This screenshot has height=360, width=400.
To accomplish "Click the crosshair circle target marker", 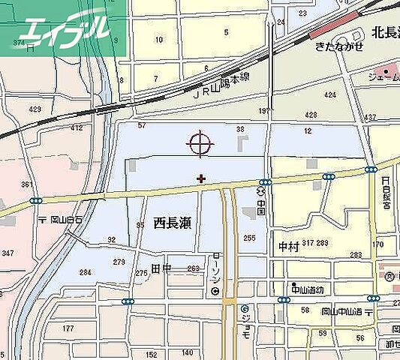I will (x=201, y=143).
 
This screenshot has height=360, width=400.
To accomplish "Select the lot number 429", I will (x=35, y=109).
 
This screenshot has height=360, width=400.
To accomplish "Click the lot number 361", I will (x=27, y=184).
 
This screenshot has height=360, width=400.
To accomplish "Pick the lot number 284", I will (x=86, y=272).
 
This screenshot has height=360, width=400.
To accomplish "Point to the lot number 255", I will (x=249, y=238).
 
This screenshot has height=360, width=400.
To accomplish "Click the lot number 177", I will (x=68, y=328).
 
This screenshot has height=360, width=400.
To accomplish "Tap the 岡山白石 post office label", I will (x=65, y=220).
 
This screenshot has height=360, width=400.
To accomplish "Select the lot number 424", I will (x=330, y=95).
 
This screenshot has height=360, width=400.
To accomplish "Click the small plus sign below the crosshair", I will (x=200, y=178).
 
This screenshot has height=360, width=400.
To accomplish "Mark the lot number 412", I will (x=77, y=128).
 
